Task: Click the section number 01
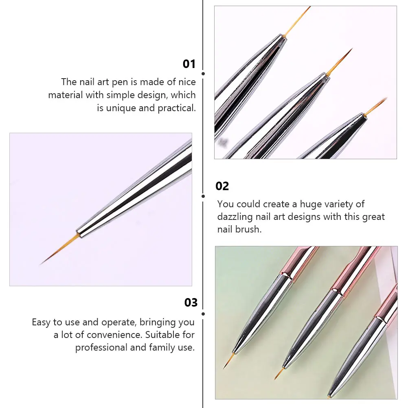click(x=189, y=64)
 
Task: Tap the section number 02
click(x=222, y=186)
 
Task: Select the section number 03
click(x=191, y=303)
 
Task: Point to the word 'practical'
click(x=177, y=108)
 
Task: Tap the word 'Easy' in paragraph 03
click(x=42, y=322)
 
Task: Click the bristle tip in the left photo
click(x=43, y=263)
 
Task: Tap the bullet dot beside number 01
click(x=203, y=74)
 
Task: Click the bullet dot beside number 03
click(x=203, y=314)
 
